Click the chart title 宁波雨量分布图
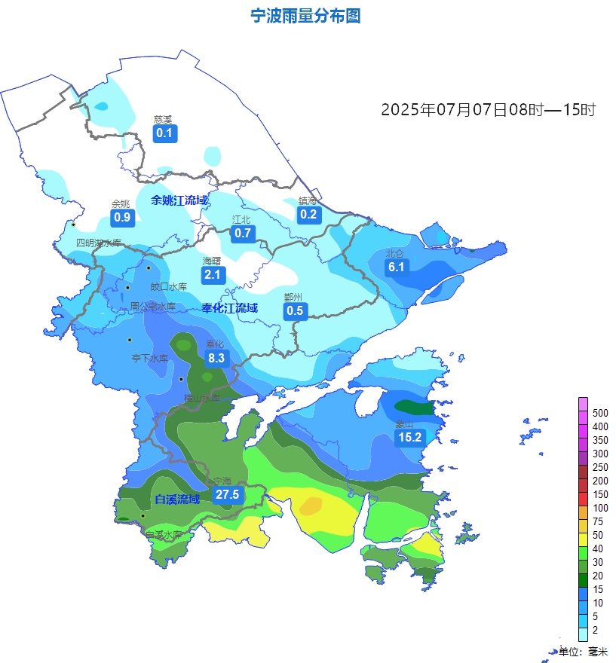tap(305, 16)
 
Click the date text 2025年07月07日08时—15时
tap(488, 110)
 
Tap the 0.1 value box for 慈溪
tap(164, 134)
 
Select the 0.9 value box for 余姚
tap(121, 218)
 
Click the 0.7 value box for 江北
tap(242, 233)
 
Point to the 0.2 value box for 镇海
tap(308, 215)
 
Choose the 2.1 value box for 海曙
tap(213, 275)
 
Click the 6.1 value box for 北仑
tap(397, 267)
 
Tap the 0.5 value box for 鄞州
tap(295, 310)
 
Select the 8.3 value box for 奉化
tap(216, 359)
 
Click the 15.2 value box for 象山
tap(409, 438)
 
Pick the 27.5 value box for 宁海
tap(226, 495)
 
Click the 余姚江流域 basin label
tap(179, 200)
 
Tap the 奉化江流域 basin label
tap(229, 308)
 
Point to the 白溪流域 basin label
tap(177, 500)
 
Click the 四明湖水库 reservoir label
tap(98, 243)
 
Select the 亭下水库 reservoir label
tap(150, 359)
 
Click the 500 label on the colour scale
tap(600, 413)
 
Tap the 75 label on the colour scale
tap(597, 521)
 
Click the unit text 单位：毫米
tap(583, 652)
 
